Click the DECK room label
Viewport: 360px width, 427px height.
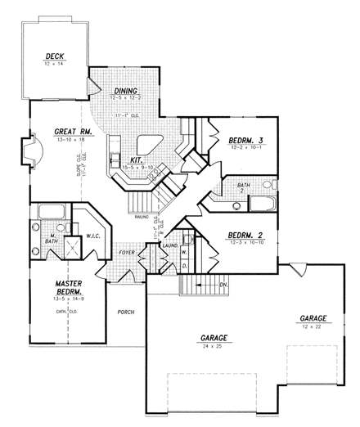[55, 56]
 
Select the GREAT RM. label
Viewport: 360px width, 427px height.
[72, 132]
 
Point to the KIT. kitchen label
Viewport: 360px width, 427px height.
[136, 160]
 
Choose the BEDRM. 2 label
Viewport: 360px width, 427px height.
[245, 236]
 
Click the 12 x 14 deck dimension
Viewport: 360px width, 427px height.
[55, 64]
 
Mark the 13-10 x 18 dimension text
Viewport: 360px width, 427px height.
[72, 140]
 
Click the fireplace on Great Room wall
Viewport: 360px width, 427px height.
[34, 151]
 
